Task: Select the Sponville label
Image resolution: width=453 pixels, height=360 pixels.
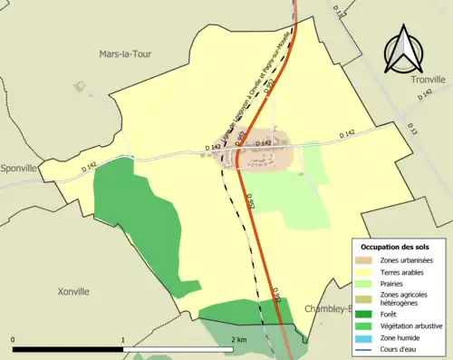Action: point(19,169)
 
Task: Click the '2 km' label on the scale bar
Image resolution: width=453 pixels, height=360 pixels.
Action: point(239,340)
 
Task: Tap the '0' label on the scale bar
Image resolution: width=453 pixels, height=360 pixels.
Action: point(14,340)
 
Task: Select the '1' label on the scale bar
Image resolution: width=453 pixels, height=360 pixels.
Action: point(123,340)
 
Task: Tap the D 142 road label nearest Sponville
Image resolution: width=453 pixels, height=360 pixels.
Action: point(89,166)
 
